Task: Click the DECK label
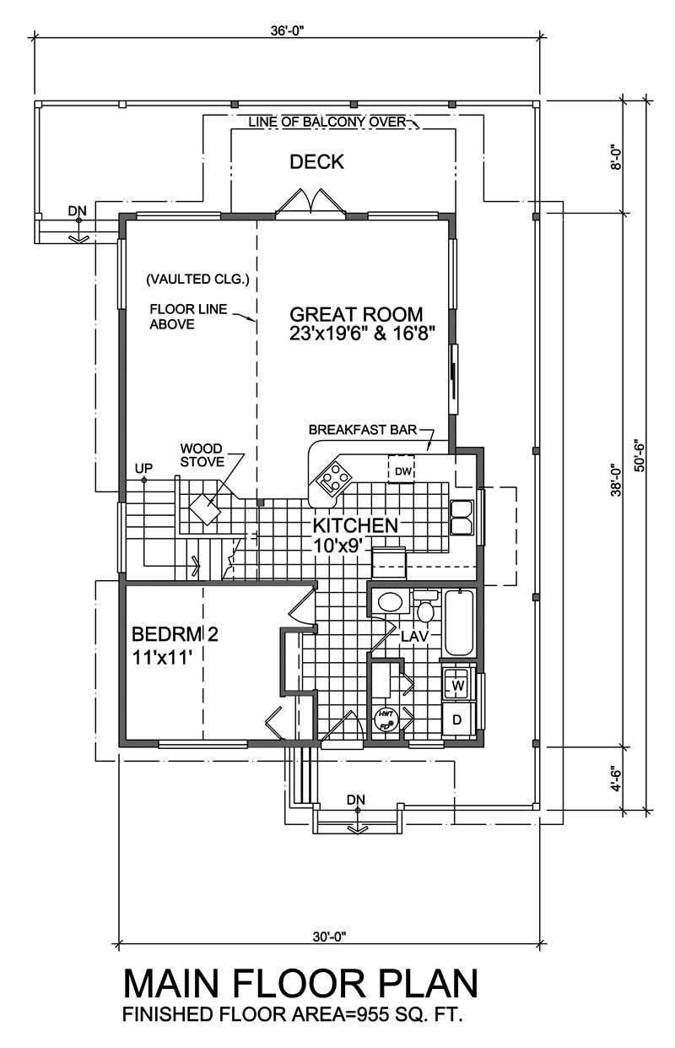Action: pyautogui.click(x=316, y=162)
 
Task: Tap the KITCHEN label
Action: pyautogui.click(x=355, y=525)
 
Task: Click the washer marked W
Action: pyautogui.click(x=457, y=685)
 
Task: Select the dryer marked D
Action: pyautogui.click(x=457, y=719)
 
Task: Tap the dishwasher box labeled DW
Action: pyautogui.click(x=402, y=470)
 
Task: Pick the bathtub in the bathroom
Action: pyautogui.click(x=459, y=623)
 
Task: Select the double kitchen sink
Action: pyautogui.click(x=462, y=517)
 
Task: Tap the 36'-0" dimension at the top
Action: pyautogui.click(x=288, y=30)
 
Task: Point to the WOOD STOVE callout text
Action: pyautogui.click(x=201, y=455)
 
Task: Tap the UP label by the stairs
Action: pyautogui.click(x=142, y=468)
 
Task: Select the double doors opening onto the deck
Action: pyautogui.click(x=311, y=205)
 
